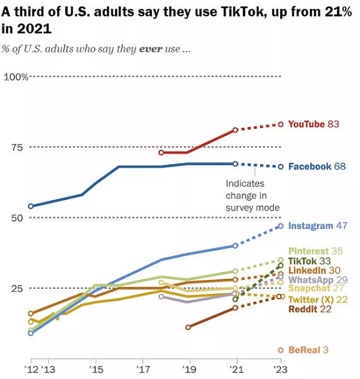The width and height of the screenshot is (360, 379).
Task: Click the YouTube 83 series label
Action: (x=314, y=124)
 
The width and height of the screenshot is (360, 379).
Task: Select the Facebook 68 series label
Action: (x=317, y=166)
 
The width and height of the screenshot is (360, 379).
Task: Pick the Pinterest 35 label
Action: (x=316, y=251)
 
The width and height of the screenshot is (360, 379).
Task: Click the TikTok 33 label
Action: (x=310, y=261)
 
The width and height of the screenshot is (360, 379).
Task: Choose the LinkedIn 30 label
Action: (x=314, y=270)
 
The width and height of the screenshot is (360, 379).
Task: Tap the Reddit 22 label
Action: (x=309, y=309)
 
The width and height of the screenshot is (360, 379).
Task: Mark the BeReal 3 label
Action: (x=308, y=350)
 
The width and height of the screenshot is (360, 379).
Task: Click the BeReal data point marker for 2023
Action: (x=281, y=350)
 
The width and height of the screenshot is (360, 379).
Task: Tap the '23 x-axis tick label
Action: (x=281, y=368)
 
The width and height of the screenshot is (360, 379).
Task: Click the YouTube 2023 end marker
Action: (x=281, y=124)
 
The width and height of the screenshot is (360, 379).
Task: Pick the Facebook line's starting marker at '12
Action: (x=31, y=206)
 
